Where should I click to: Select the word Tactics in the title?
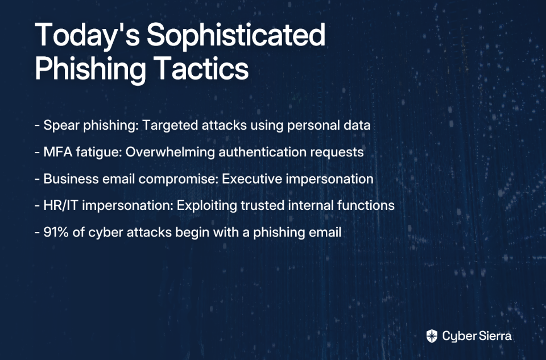[x=201, y=68]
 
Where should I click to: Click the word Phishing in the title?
[x=90, y=71]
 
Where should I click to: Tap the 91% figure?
[x=56, y=232]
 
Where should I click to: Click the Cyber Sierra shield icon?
[x=432, y=336]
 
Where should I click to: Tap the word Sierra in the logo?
[x=495, y=336]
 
